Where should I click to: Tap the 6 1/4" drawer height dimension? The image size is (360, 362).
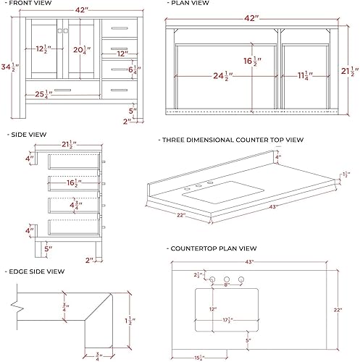tap(133, 71)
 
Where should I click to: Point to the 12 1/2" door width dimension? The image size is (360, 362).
tap(44, 50)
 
